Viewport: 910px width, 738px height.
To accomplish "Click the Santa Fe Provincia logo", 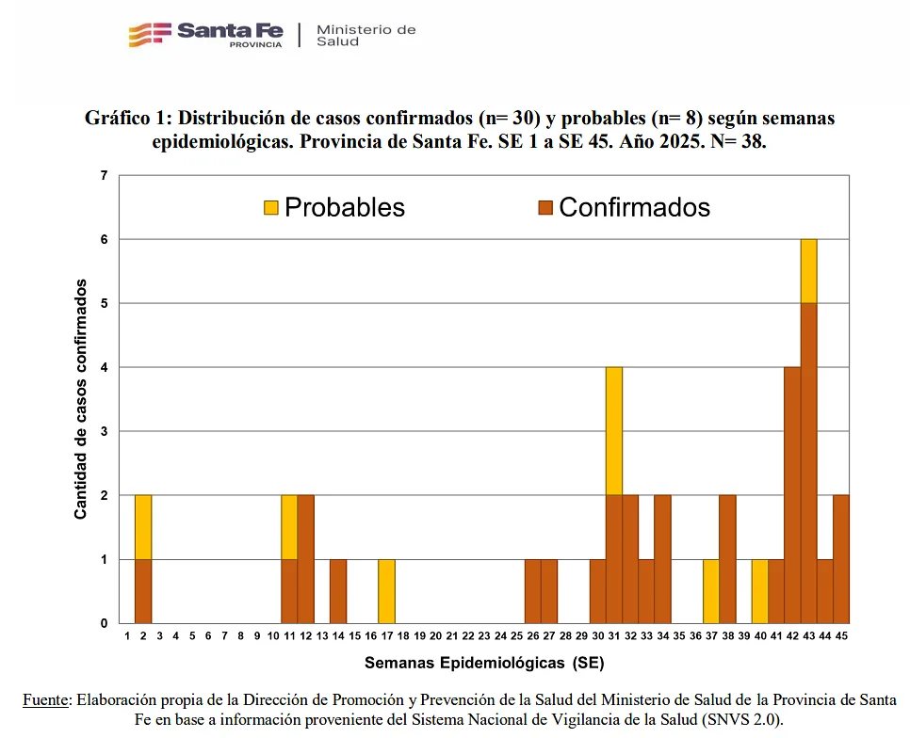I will (205, 34).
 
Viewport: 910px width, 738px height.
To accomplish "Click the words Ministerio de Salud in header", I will (366, 35).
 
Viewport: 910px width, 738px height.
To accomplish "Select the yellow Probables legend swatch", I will (270, 207).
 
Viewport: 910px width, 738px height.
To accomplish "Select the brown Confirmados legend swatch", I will (544, 207).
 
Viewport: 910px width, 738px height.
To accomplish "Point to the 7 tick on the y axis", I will (104, 176).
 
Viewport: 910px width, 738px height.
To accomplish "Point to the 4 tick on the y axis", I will (104, 367).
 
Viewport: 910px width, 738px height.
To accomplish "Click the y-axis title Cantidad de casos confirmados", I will (81, 398).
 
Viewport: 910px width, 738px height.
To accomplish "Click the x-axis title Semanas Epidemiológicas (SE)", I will (484, 663).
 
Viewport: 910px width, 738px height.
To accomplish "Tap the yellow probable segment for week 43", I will (808, 271).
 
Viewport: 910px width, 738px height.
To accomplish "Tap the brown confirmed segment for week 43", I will (808, 463).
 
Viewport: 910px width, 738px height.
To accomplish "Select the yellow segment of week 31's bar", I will (614, 430).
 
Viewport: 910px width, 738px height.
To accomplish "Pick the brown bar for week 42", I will (792, 495).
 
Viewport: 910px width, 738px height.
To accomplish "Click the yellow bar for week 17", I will (386, 591).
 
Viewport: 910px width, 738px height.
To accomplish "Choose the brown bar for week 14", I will (338, 591).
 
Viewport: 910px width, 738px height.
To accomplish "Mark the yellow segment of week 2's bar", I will (143, 527).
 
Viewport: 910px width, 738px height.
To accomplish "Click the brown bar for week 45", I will (841, 559).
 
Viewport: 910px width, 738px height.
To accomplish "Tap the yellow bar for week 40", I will (759, 591).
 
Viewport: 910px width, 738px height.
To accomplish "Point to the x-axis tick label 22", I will (468, 637).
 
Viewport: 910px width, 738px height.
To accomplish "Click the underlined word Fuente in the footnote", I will (46, 699).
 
